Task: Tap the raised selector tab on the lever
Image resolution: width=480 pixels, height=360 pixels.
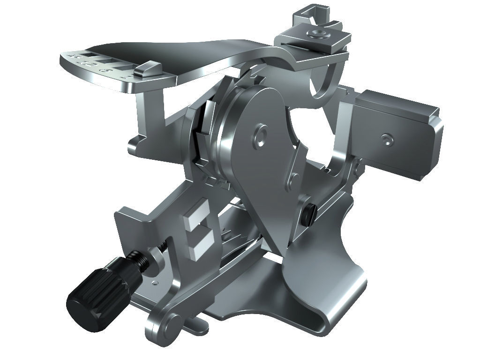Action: [x=146, y=70]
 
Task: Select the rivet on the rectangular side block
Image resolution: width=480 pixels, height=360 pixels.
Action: [x=386, y=139]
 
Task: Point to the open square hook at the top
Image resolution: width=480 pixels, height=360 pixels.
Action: [x=312, y=14]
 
